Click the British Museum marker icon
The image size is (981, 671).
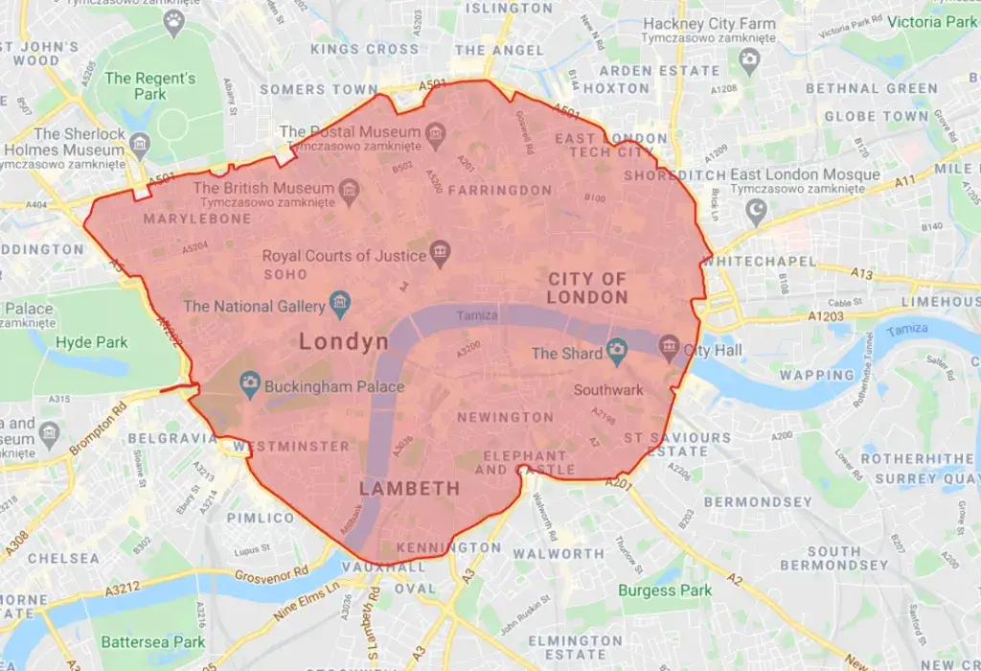(x=349, y=188)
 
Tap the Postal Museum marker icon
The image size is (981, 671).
(x=436, y=131)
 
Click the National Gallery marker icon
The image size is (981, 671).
(x=340, y=306)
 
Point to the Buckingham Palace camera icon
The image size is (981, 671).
(x=250, y=386)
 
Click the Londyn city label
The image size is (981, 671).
(x=344, y=341)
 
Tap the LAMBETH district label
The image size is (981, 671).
(x=409, y=489)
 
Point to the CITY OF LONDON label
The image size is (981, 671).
(x=588, y=288)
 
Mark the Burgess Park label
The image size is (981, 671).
(x=665, y=590)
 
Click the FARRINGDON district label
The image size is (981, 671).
(x=499, y=190)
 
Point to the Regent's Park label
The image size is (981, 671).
(x=150, y=85)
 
